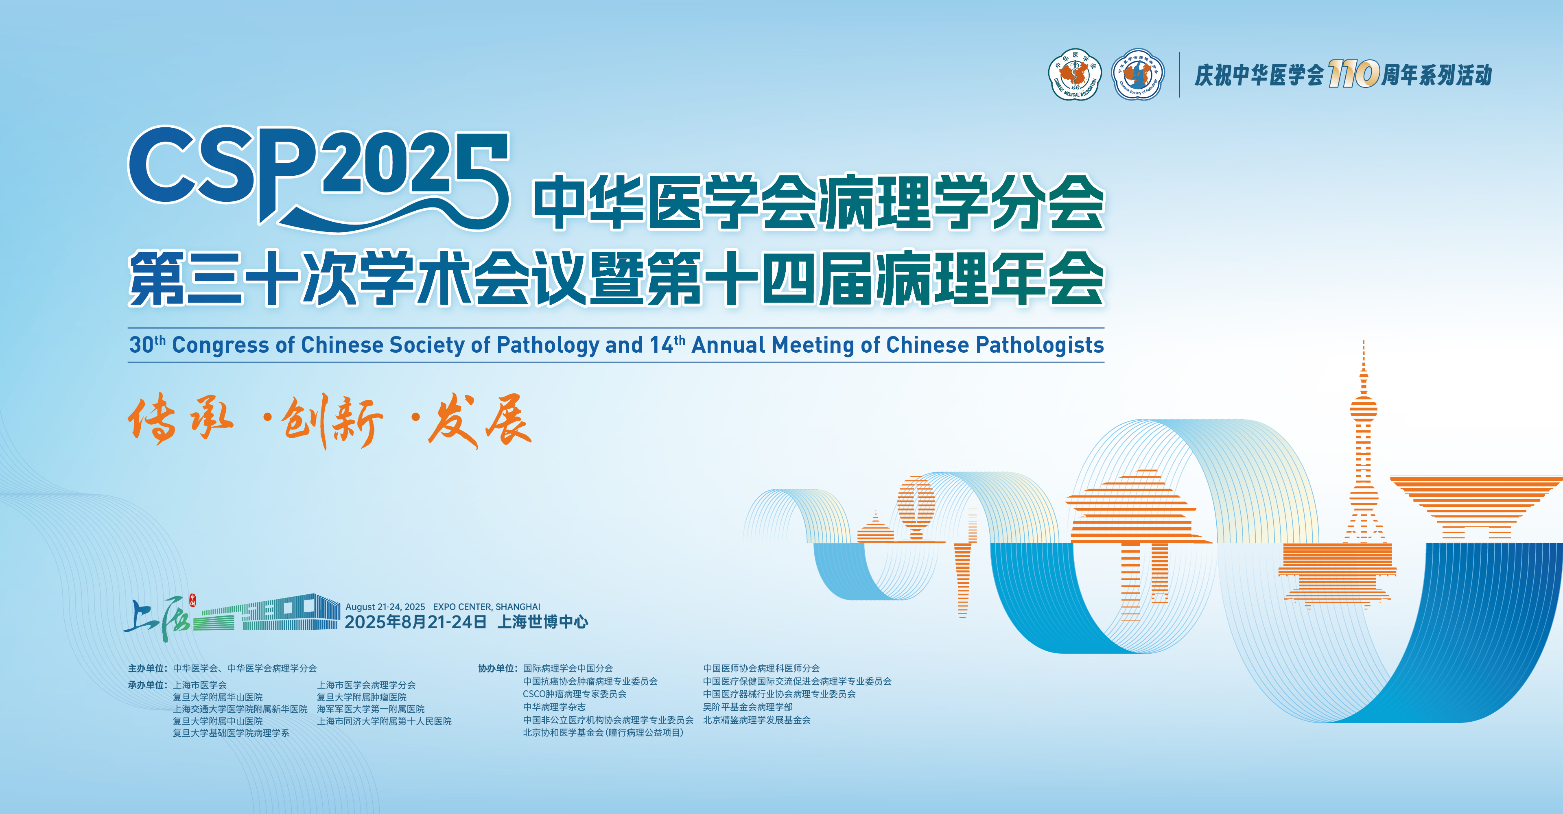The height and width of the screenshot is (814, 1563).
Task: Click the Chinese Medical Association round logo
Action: pyautogui.click(x=1075, y=74)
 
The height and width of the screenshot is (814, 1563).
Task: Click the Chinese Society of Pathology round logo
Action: pyautogui.click(x=1138, y=74)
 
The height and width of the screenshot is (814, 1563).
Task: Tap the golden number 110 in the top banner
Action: pyautogui.click(x=1354, y=74)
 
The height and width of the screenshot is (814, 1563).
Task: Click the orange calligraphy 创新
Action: pyautogui.click(x=332, y=421)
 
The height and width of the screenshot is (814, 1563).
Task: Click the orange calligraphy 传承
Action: pyautogui.click(x=181, y=419)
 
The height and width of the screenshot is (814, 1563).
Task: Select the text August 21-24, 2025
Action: pyautogui.click(x=385, y=607)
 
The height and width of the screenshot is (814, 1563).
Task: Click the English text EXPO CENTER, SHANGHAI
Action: pyautogui.click(x=487, y=607)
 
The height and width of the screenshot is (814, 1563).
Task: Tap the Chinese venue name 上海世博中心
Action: pyautogui.click(x=542, y=622)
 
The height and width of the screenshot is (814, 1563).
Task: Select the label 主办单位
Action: pyautogui.click(x=147, y=668)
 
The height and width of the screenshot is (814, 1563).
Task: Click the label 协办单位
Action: pyautogui.click(x=498, y=668)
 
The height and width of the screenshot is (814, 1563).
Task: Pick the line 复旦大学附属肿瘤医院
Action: pyautogui.click(x=362, y=697)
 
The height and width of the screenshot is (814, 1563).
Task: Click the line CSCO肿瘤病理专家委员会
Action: pyautogui.click(x=575, y=694)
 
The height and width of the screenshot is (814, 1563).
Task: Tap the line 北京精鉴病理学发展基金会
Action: pyautogui.click(x=756, y=720)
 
